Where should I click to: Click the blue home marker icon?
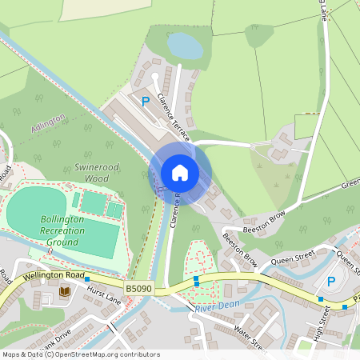pos(180,172)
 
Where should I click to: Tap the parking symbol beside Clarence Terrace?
pos(146,102)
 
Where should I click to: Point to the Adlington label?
pos(48,122)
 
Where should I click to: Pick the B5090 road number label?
pos(139,286)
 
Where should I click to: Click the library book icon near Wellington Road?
pos(65,292)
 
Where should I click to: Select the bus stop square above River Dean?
pos(197,281)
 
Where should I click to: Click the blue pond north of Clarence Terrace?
pos(184,46)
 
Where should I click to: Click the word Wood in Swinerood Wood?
pos(97,178)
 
